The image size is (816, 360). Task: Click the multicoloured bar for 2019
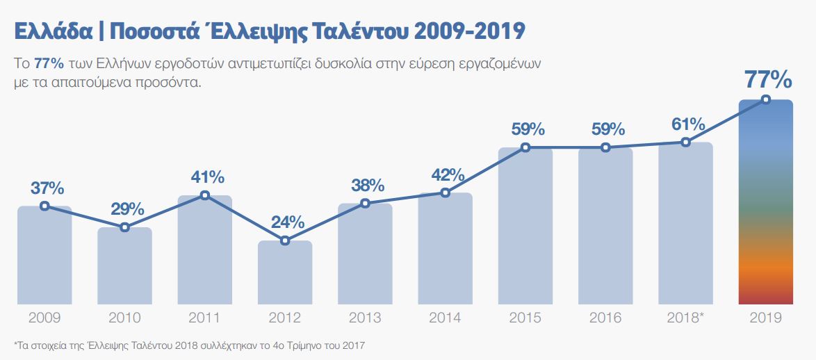[x=765, y=208]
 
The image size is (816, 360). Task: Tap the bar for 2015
[x=525, y=229]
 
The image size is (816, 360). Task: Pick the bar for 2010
[x=124, y=268]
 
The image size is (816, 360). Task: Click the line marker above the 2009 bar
[x=44, y=206]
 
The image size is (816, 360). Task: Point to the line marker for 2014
[x=446, y=193]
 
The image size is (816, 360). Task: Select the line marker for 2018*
[x=685, y=142]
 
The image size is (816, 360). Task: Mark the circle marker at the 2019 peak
[x=766, y=99]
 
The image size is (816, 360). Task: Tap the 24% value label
[x=288, y=222]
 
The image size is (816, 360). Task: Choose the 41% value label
[x=208, y=177]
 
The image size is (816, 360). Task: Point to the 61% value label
[x=688, y=124]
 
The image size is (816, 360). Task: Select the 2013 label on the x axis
[x=365, y=318]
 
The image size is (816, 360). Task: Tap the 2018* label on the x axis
[x=685, y=318]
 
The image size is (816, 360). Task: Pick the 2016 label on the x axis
[x=605, y=318]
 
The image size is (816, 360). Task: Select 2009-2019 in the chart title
[x=471, y=31]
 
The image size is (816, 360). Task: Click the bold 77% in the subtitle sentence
[x=49, y=63]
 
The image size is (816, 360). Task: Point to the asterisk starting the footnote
[x=15, y=343]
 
